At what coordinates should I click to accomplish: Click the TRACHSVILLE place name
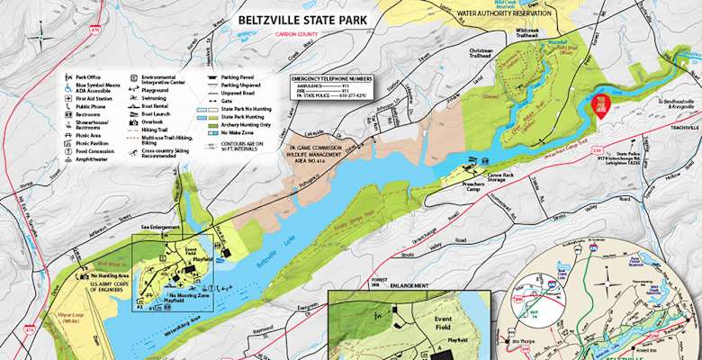pyautogui.click(x=676, y=127)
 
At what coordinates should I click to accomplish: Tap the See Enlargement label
pyautogui.click(x=160, y=229)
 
